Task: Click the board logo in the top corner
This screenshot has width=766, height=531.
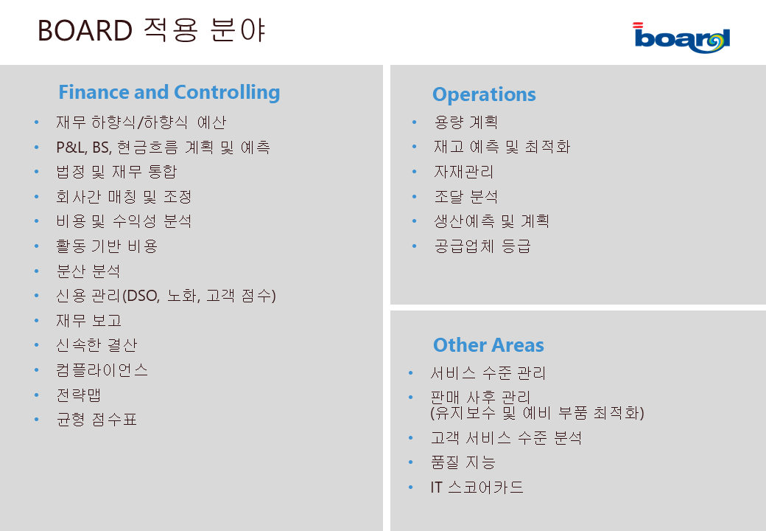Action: (x=681, y=38)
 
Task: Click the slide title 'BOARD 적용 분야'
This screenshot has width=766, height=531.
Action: (x=152, y=30)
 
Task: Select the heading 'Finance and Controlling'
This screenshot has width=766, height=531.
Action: (x=169, y=92)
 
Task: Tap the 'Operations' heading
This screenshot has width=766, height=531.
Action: (x=484, y=94)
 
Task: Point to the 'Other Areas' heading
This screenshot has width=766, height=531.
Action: (x=488, y=345)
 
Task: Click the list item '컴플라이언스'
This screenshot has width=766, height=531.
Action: (x=102, y=370)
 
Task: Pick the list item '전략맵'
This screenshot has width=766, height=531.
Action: (x=79, y=395)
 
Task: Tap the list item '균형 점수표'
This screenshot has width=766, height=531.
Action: (x=96, y=420)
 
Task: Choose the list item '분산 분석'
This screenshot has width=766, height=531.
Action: (x=88, y=271)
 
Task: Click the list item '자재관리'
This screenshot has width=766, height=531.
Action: (x=464, y=172)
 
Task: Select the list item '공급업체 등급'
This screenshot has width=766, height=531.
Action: (x=482, y=246)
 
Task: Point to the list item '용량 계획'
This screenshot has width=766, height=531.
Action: (x=466, y=122)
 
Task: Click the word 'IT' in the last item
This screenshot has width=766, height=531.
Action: (x=436, y=487)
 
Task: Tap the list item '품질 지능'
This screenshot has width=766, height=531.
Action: (x=463, y=462)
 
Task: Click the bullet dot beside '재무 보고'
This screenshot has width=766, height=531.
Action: (x=37, y=320)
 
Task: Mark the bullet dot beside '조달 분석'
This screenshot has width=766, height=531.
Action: (x=414, y=197)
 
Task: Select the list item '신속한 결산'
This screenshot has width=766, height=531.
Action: (x=96, y=345)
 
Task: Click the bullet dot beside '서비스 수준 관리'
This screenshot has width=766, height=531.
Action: (x=410, y=373)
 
